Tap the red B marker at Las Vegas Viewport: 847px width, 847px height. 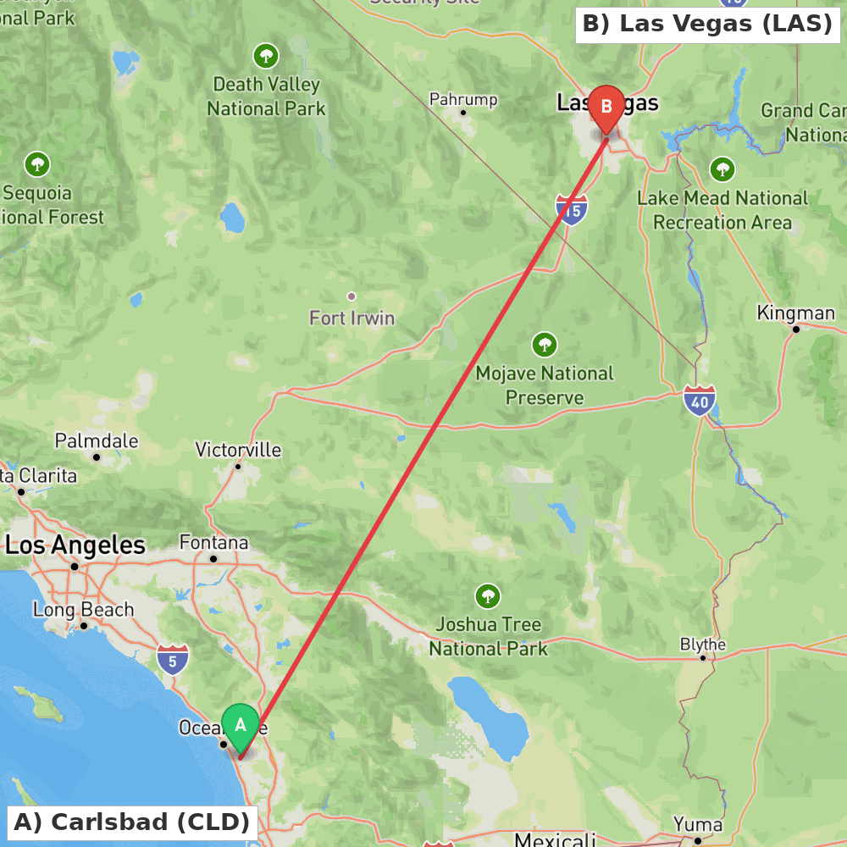[x=606, y=108]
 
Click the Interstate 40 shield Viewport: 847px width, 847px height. [x=700, y=400]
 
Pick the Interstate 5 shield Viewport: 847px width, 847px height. [x=173, y=658]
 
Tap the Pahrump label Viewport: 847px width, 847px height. [x=463, y=99]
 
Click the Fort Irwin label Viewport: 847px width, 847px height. [x=352, y=318]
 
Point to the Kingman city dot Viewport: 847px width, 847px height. [x=795, y=329]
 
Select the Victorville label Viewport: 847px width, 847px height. [x=238, y=450]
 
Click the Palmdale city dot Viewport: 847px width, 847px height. [x=97, y=457]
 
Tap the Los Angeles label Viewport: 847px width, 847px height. [x=75, y=545]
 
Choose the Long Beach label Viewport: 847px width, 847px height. [x=83, y=609]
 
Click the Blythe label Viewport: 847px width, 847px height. [x=703, y=644]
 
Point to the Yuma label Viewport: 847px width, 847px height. [x=698, y=824]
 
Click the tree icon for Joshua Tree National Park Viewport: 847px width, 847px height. [x=487, y=595]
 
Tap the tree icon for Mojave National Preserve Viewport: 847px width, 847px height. [x=545, y=345]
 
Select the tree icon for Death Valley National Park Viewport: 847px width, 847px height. [x=266, y=57]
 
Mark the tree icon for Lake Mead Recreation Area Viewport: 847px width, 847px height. [x=722, y=169]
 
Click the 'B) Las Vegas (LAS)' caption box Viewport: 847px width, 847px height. [x=707, y=24]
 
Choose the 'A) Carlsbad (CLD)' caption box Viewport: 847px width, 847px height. [x=132, y=822]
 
